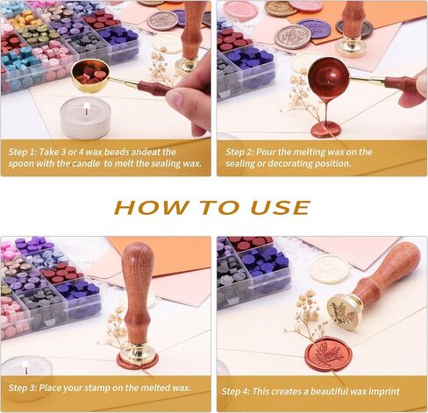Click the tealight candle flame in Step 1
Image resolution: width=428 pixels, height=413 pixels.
pos(86,107)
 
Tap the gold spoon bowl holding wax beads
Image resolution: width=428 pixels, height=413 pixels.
pos(90,75)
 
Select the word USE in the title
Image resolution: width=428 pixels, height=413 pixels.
pos(280,207)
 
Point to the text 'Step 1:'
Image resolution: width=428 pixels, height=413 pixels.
pos(22,152)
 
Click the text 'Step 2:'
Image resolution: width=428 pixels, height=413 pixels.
pos(239,152)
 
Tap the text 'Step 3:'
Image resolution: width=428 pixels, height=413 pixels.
pos(23,388)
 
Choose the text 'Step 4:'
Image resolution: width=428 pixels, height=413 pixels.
pos(236,391)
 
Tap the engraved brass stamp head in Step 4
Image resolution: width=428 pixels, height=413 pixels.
pos(344,312)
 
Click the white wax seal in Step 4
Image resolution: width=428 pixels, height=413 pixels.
pos(329,268)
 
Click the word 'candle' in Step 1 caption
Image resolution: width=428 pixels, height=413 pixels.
pos(86,163)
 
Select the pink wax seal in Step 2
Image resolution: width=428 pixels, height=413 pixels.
pos(240,10)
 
